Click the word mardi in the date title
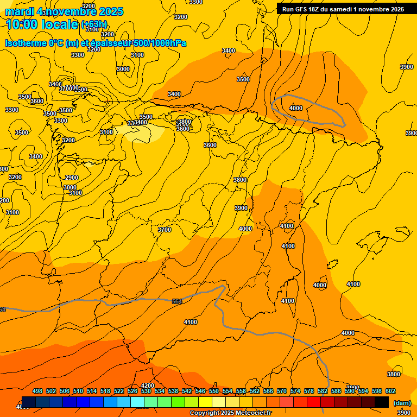20,11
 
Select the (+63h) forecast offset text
94,24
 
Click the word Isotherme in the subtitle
26,43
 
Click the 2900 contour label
72,178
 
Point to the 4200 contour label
147,386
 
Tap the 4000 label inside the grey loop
296,108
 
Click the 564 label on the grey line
177,301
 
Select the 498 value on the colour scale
37,391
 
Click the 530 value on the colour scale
146,391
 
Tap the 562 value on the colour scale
255,391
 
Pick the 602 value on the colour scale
390,391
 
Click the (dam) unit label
402,402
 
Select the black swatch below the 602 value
382,402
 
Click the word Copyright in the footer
205,413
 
